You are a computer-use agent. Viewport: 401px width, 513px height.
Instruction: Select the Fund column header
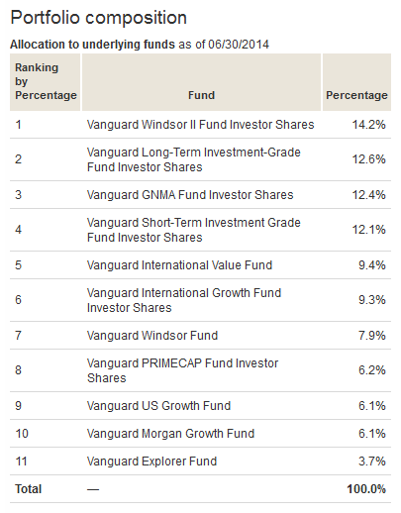[201, 95]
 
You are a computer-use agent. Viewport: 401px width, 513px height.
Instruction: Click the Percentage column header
[356, 95]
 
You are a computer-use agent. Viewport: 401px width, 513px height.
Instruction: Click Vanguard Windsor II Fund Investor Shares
[200, 125]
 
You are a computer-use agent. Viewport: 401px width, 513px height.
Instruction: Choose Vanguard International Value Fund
[179, 264]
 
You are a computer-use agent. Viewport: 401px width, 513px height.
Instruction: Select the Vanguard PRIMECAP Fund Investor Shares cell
[182, 370]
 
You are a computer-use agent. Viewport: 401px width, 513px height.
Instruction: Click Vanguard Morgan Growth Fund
[170, 434]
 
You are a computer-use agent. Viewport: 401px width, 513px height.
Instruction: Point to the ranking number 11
[20, 462]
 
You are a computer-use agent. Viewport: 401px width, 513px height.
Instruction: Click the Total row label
[28, 489]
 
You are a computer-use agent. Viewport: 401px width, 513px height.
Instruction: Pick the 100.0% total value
[366, 489]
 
